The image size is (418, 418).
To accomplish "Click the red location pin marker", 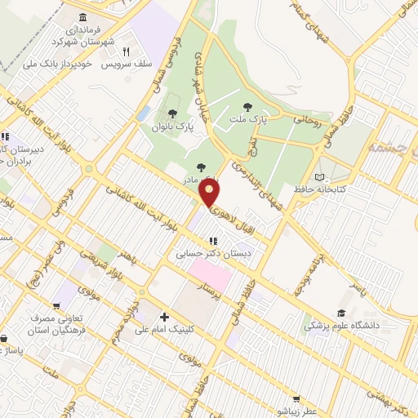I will [211, 193].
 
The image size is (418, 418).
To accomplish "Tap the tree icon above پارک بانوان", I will [171, 113].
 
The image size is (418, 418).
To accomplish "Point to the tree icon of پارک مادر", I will [201, 167].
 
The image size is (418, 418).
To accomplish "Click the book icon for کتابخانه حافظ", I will [319, 177].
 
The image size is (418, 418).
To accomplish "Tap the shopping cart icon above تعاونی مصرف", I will [57, 306].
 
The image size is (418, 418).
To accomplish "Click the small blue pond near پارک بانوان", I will [144, 113].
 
